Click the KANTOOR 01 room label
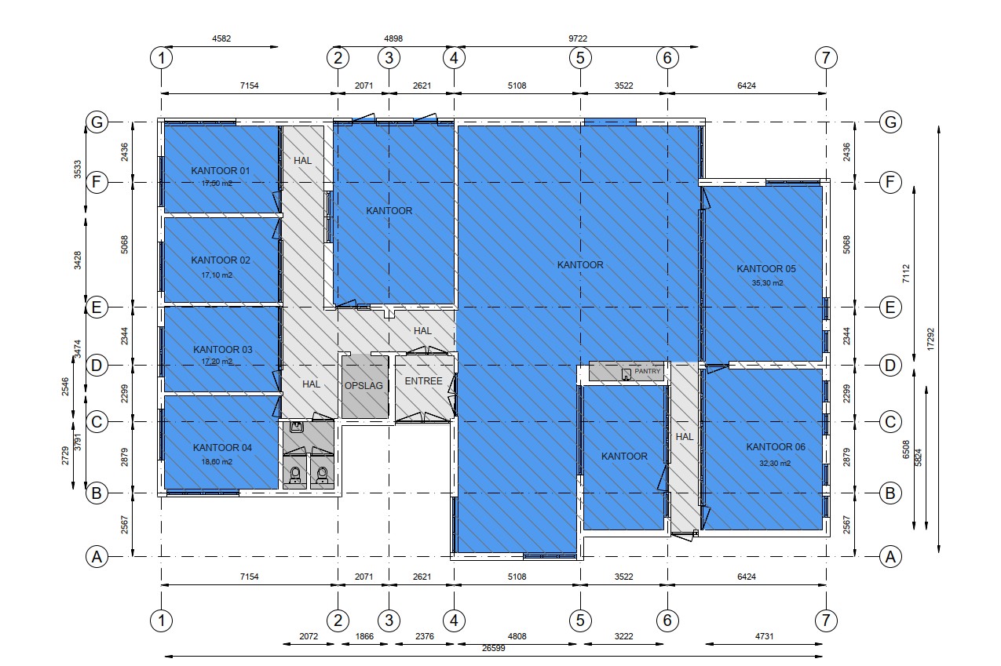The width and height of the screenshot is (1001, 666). (x=221, y=170)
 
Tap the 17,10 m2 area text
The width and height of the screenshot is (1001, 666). (x=217, y=275)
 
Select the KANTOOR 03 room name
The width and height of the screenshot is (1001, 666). (x=222, y=350)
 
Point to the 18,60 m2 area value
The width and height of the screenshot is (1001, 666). (x=217, y=461)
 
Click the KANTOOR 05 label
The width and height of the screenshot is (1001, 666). (x=766, y=269)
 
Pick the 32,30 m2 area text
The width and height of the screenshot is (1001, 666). (x=775, y=464)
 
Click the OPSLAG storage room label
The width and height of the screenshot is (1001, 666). (x=364, y=386)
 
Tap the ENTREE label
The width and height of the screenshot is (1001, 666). (x=423, y=381)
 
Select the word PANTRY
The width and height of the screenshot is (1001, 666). (x=647, y=371)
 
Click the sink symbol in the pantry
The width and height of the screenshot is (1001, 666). (x=627, y=374)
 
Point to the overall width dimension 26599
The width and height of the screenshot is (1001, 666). (x=493, y=648)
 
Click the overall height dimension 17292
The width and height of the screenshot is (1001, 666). (x=930, y=339)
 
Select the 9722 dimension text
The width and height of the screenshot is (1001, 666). (x=577, y=38)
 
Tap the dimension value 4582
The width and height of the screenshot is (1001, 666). (x=221, y=38)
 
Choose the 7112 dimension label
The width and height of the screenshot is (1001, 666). (x=906, y=274)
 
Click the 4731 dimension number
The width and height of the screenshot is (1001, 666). (x=764, y=636)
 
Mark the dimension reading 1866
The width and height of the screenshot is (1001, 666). (x=364, y=636)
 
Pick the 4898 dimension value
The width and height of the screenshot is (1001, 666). (x=393, y=38)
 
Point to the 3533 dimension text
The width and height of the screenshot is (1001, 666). (x=77, y=169)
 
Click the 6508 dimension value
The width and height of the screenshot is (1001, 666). (x=906, y=449)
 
